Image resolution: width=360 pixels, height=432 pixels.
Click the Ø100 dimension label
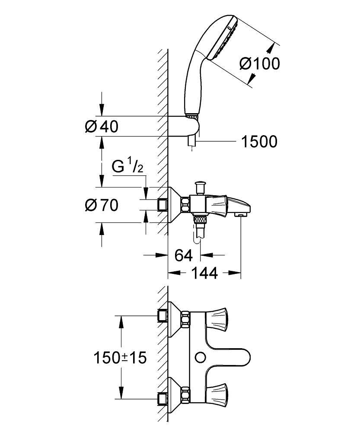click(259, 64)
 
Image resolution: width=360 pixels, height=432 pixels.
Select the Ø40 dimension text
click(102, 127)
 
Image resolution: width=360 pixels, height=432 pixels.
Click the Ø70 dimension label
click(102, 206)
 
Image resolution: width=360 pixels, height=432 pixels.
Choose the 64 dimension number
click(183, 255)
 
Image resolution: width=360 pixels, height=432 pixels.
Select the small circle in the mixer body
click(200, 357)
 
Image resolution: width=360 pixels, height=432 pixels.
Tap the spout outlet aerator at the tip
click(239, 214)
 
